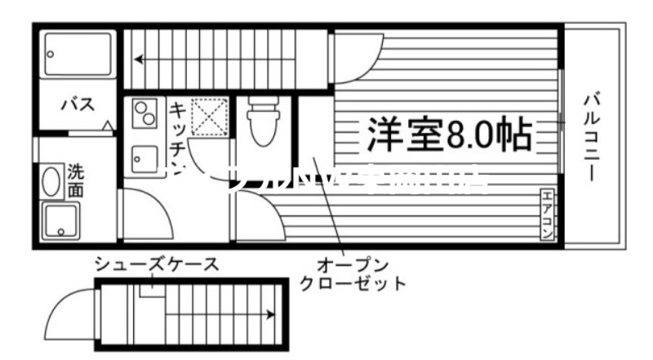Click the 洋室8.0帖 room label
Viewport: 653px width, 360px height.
[448, 134]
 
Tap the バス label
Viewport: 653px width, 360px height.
[78, 104]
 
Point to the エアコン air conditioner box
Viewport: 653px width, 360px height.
[548, 215]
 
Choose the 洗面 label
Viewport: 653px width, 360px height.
[75, 180]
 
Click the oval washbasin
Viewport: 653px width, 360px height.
[51, 180]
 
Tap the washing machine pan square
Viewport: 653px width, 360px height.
[61, 220]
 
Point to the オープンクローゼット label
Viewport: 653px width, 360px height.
[353, 274]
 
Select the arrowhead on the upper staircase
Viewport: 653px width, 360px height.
[140, 59]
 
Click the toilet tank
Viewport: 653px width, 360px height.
[262, 106]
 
